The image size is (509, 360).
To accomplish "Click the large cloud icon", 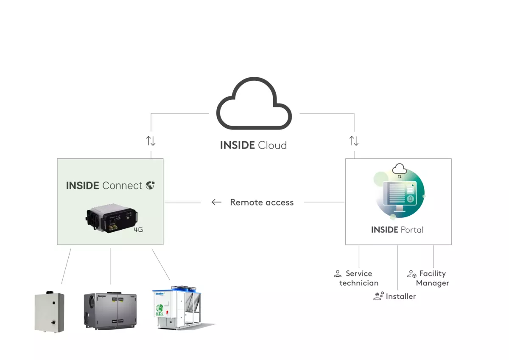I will pyautogui.click(x=254, y=104).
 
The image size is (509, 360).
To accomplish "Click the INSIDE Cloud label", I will pyautogui.click(x=253, y=145).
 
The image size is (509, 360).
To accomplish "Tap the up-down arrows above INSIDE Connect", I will pyautogui.click(x=151, y=141).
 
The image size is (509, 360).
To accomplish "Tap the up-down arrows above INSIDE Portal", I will pyautogui.click(x=354, y=141).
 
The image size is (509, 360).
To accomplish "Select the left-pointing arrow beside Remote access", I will pyautogui.click(x=216, y=202).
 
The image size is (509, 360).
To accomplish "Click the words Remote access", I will pyautogui.click(x=262, y=202).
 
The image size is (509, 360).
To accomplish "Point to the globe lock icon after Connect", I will pyautogui.click(x=150, y=185).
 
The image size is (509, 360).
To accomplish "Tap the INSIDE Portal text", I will pyautogui.click(x=397, y=230).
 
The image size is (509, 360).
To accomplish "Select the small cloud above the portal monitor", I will pyautogui.click(x=399, y=169).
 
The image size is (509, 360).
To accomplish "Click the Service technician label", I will pyautogui.click(x=359, y=278).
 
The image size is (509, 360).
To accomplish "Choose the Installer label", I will pyautogui.click(x=400, y=296).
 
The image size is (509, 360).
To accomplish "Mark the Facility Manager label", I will pyautogui.click(x=432, y=278).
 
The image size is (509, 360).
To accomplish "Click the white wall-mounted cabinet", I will pyautogui.click(x=49, y=312).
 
